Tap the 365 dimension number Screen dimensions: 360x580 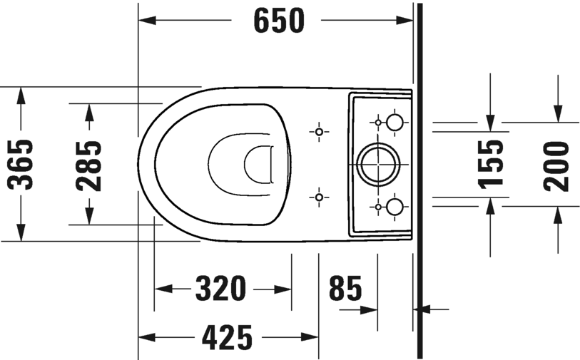(x=21, y=165)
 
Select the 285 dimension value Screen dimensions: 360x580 (x=88, y=165)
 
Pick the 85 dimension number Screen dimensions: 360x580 (x=345, y=289)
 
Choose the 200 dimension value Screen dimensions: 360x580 (x=556, y=165)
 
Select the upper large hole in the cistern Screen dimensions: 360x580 (x=394, y=123)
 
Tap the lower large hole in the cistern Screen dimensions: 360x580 (x=394, y=207)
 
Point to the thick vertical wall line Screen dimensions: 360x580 (x=419, y=178)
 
